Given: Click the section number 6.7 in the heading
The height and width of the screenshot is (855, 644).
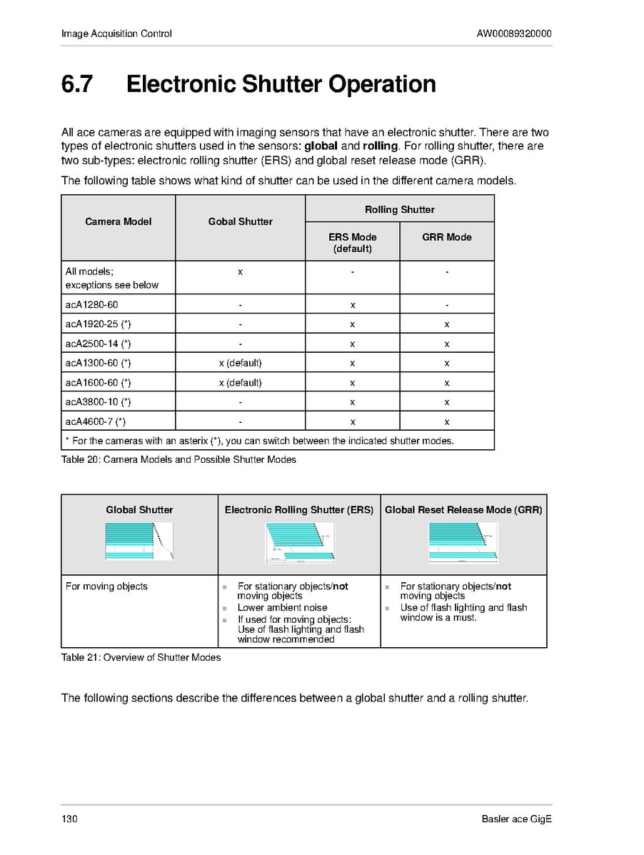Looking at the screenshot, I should pyautogui.click(x=76, y=84).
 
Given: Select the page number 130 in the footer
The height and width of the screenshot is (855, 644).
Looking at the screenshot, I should pyautogui.click(x=69, y=819).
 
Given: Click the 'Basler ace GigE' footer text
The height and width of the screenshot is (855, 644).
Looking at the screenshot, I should pyautogui.click(x=516, y=819).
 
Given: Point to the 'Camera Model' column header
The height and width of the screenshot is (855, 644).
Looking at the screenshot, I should pyautogui.click(x=119, y=221).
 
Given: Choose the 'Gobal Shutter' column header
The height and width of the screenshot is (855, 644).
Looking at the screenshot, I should pyautogui.click(x=240, y=221).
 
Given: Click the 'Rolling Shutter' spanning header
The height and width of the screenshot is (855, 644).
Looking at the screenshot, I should pyautogui.click(x=399, y=209).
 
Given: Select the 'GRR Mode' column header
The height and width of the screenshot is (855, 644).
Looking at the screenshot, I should pyautogui.click(x=446, y=237).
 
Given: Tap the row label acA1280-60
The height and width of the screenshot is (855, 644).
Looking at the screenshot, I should pyautogui.click(x=92, y=305).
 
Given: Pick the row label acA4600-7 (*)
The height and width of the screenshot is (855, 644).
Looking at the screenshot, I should pyautogui.click(x=96, y=421).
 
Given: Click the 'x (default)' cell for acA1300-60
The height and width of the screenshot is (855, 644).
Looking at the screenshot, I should pyautogui.click(x=240, y=363).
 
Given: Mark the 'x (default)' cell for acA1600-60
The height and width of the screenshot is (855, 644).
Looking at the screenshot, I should pyautogui.click(x=240, y=382).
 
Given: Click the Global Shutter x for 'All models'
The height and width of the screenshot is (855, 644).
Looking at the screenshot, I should pyautogui.click(x=240, y=271).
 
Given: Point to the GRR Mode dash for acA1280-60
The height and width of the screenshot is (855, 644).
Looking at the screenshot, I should pyautogui.click(x=446, y=305).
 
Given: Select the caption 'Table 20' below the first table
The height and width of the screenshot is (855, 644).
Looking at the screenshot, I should pyautogui.click(x=178, y=459).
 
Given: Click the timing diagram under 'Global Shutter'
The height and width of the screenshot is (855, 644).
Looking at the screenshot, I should pyautogui.click(x=139, y=541).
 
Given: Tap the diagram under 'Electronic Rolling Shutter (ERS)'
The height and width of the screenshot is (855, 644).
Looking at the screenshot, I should pyautogui.click(x=299, y=542).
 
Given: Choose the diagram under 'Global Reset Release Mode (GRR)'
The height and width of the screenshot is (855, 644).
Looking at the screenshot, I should pyautogui.click(x=463, y=542).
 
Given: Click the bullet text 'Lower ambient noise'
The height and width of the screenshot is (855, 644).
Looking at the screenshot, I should pyautogui.click(x=282, y=607).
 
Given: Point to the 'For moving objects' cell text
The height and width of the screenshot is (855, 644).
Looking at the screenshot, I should pyautogui.click(x=106, y=586).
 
